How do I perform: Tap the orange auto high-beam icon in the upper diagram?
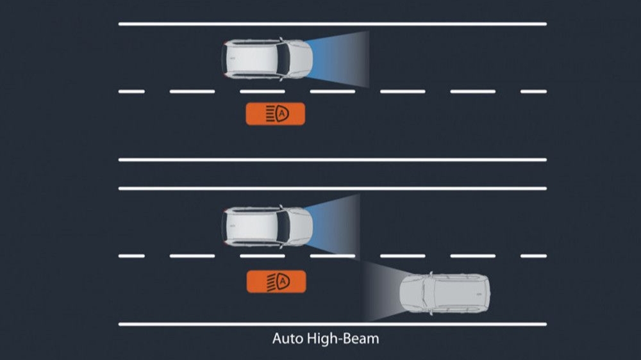click(x=275, y=113)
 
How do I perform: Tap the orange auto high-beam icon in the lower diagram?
click(x=276, y=282)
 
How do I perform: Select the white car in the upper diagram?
click(x=267, y=59)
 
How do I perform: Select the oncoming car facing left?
click(x=445, y=293)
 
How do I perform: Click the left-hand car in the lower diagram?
click(x=267, y=227)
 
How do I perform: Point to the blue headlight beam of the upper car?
click(x=338, y=59)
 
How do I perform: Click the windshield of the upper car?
click(x=283, y=59)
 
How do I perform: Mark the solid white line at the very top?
click(x=332, y=24)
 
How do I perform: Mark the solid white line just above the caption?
click(x=332, y=325)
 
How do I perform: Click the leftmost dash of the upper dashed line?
click(x=131, y=92)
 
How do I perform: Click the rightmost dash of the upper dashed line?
click(x=533, y=92)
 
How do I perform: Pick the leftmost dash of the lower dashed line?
click(x=131, y=256)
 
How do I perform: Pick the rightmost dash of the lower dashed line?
click(x=533, y=256)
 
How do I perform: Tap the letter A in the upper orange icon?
click(x=281, y=113)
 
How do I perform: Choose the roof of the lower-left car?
click(x=252, y=227)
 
